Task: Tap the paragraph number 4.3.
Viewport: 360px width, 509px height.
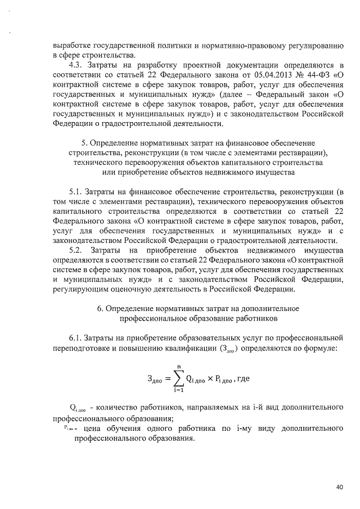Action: click(76, 66)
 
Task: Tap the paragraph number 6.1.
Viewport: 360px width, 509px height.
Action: click(76, 337)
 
